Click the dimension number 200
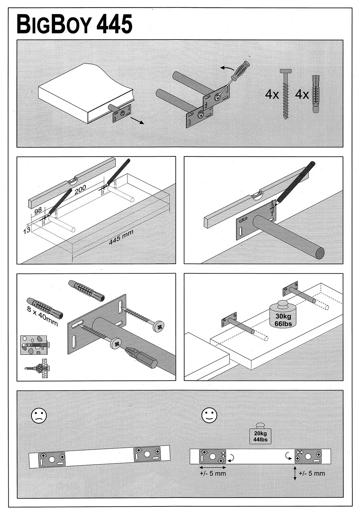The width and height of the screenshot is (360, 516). [x=80, y=190]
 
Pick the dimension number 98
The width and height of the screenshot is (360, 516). [x=38, y=211]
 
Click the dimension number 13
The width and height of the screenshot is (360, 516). [x=27, y=229]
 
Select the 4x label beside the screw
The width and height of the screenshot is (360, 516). [x=272, y=95]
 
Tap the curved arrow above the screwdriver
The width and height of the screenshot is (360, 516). [x=227, y=68]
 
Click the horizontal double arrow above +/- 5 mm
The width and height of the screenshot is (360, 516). [x=212, y=467]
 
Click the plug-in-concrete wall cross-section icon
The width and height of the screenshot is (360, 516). [x=33, y=345]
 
